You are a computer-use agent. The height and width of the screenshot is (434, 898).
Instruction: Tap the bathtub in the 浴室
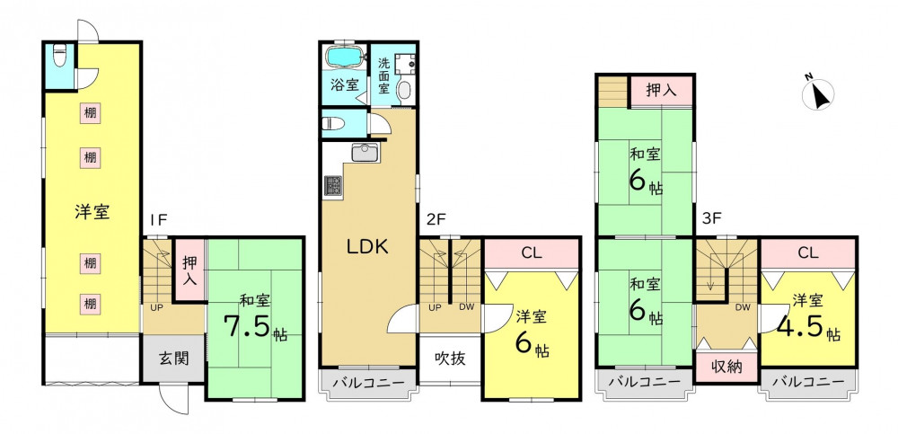coord(344,58)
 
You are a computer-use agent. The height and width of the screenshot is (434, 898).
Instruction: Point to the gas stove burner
coord(333,185)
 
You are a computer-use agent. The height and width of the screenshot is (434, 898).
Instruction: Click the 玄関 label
coord(173,359)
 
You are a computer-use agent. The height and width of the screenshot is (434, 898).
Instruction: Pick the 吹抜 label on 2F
coord(450,359)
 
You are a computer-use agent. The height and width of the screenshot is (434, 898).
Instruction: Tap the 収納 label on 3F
coord(726,366)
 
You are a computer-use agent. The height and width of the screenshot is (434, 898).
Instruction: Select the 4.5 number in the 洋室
coord(800,326)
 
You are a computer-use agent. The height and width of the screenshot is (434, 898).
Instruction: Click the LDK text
coord(367,247)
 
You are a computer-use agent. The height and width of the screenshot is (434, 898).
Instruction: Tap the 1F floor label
coord(158,219)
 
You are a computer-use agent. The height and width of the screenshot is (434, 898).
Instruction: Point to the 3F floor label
coord(712,218)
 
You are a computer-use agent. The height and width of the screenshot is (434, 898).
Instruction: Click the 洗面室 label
coord(384,75)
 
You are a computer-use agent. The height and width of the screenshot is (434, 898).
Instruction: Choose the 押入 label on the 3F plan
coord(662,90)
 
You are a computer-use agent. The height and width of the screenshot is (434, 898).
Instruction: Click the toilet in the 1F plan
coord(59,57)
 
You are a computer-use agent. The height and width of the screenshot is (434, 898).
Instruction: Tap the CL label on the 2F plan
coord(532,252)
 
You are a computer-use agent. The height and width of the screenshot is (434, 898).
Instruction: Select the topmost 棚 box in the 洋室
coord(89,113)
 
